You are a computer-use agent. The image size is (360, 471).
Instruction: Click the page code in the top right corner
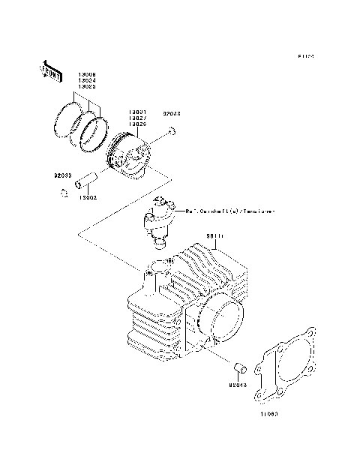click(x=304, y=55)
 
